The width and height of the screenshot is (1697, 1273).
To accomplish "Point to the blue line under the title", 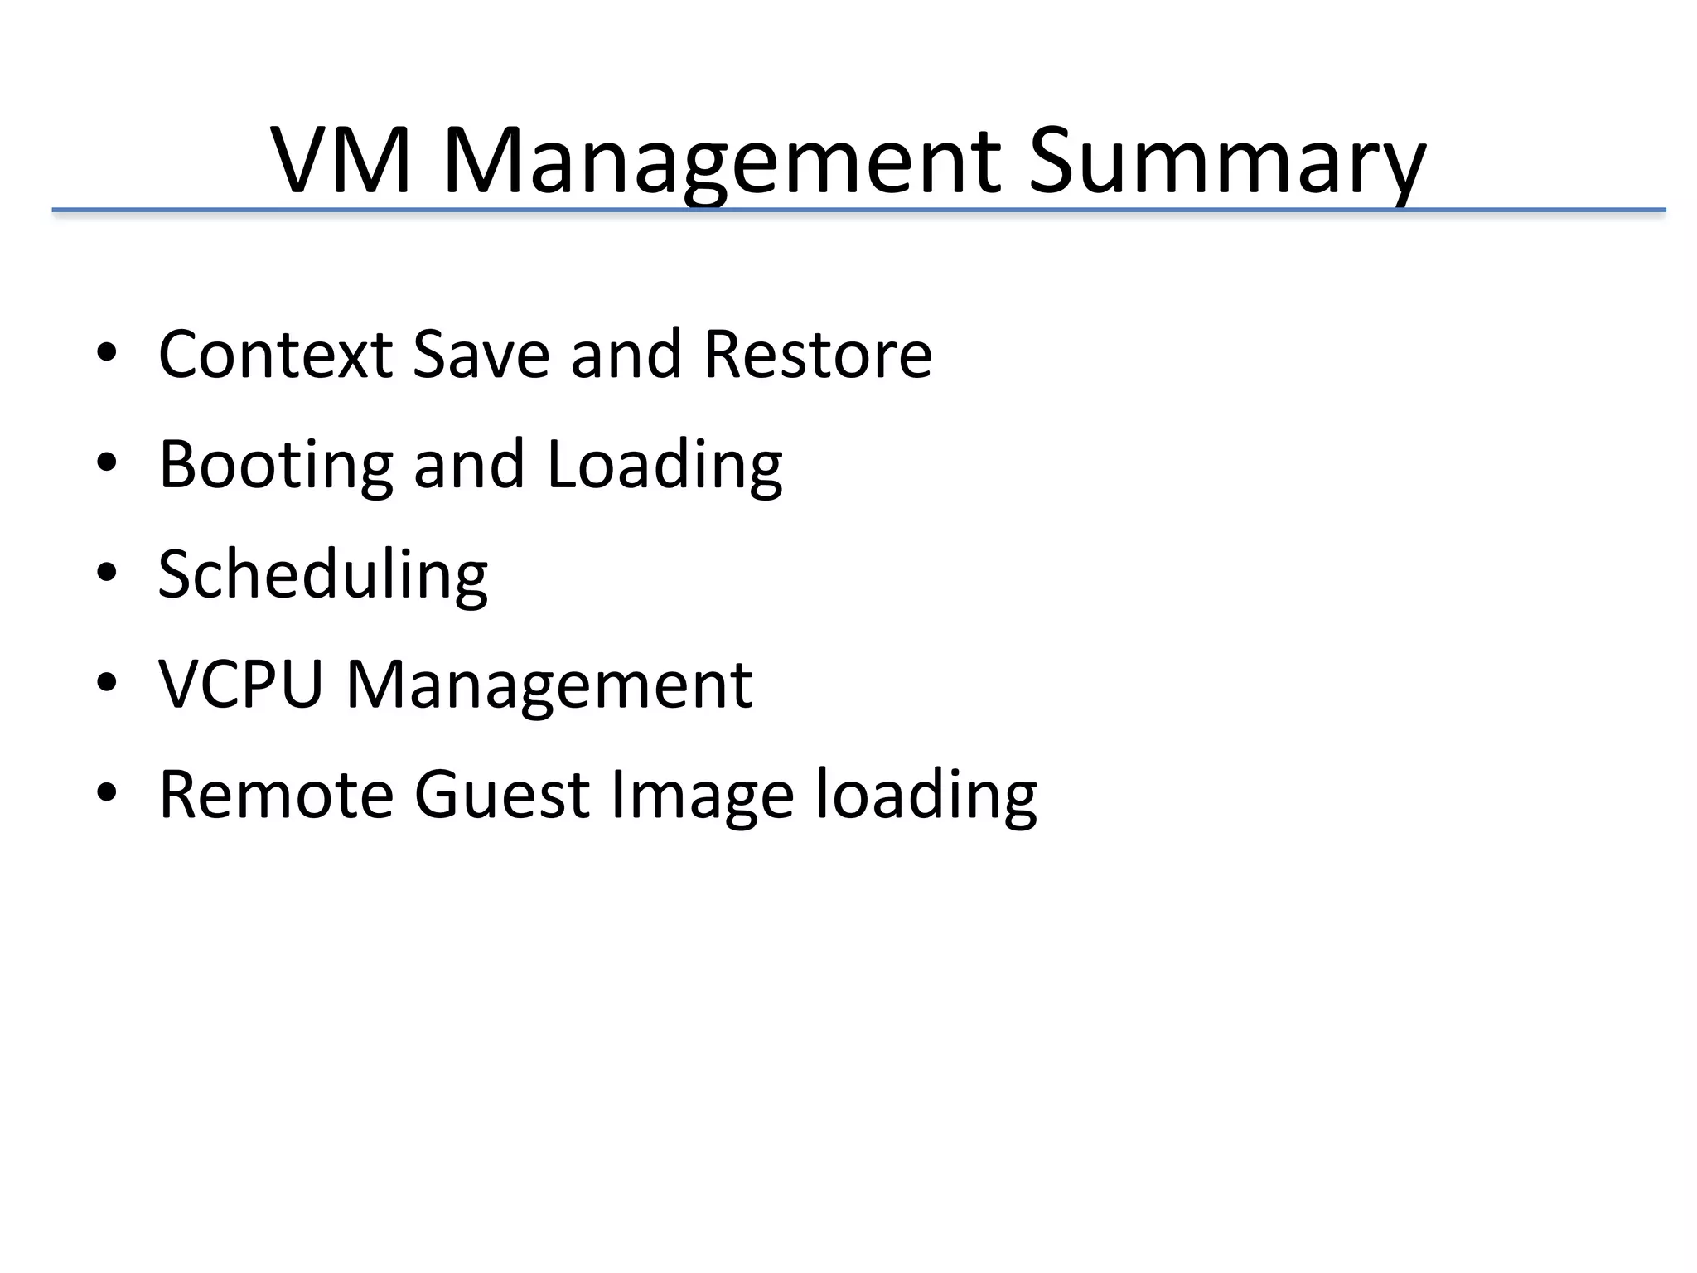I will [x=858, y=211].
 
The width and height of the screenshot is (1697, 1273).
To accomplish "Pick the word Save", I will [x=481, y=355].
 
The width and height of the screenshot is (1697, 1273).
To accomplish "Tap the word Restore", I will [x=818, y=355].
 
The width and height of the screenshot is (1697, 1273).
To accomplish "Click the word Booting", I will [x=275, y=466].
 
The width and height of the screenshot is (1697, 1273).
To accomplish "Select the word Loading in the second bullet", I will [x=665, y=466].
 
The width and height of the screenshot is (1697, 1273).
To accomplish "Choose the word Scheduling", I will [x=323, y=575].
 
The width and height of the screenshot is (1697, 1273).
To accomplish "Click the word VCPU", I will [x=240, y=685].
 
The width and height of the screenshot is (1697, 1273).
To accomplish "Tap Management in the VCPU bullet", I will [x=549, y=685].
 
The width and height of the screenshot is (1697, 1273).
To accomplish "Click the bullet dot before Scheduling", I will [x=106, y=573].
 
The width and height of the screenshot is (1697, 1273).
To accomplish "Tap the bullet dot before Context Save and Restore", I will [x=106, y=352].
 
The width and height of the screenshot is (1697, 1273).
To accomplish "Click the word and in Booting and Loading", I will [x=469, y=466].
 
